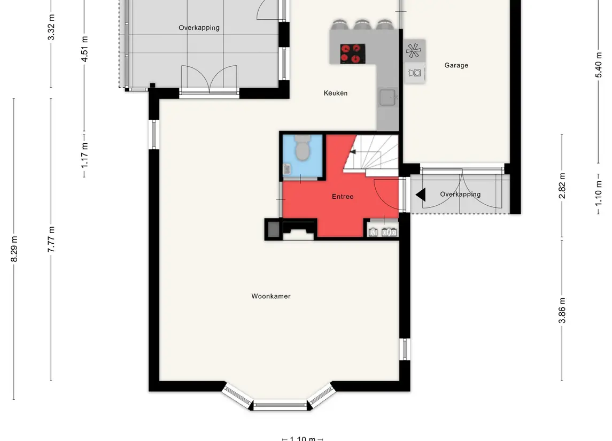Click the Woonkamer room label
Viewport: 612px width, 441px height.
(x=271, y=296)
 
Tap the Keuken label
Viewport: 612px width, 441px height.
(x=335, y=93)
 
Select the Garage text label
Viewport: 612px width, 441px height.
(x=456, y=65)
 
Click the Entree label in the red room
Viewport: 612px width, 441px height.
(x=343, y=197)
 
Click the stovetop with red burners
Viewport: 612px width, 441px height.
(x=352, y=53)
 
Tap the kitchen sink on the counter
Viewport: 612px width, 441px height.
(x=388, y=98)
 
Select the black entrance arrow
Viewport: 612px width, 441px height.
(x=421, y=195)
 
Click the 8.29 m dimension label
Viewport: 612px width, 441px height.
(x=14, y=249)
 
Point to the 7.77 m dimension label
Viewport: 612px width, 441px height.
(x=51, y=239)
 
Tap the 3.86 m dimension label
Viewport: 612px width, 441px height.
(x=562, y=311)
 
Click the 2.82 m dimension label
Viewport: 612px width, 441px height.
(x=562, y=185)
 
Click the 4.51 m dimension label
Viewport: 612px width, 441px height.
(x=84, y=49)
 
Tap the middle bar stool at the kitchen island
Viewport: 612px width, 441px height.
(x=362, y=25)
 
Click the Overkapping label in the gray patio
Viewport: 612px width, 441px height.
(x=199, y=28)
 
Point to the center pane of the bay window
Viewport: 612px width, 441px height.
(x=282, y=405)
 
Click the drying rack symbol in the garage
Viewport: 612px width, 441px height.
(x=413, y=50)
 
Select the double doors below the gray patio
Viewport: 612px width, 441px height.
(x=209, y=80)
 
